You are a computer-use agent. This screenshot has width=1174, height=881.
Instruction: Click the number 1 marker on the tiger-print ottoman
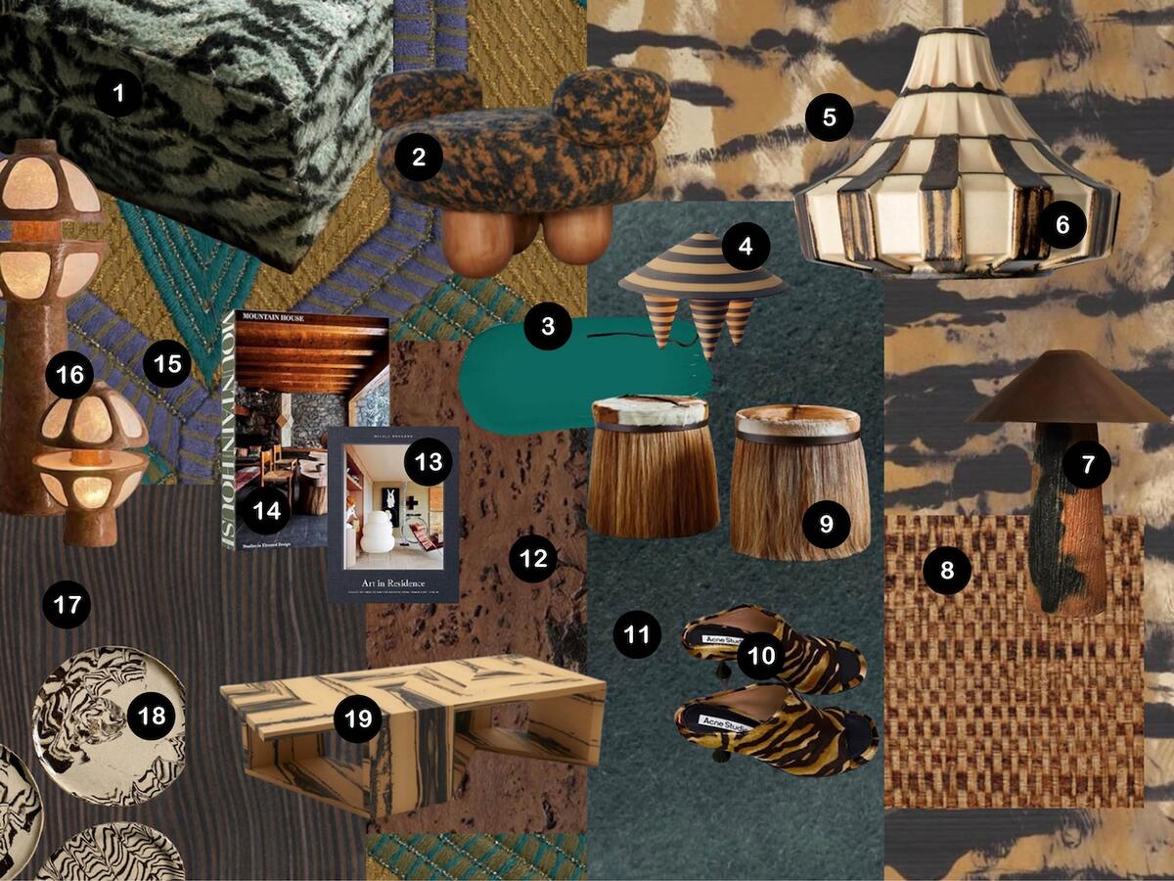pos(118,95)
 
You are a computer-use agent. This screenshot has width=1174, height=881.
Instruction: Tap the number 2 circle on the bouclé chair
pos(419,157)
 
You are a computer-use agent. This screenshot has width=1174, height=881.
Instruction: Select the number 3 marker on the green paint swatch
pos(547,327)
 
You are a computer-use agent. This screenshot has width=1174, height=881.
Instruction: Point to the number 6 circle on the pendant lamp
pos(1062,224)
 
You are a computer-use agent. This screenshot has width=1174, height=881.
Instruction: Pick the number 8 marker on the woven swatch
pos(946,570)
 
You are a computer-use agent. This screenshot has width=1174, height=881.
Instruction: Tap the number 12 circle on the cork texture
pos(533,559)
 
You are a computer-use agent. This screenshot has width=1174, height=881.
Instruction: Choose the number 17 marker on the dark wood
pos(67,605)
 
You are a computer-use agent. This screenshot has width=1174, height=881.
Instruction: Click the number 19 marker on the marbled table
pos(358,719)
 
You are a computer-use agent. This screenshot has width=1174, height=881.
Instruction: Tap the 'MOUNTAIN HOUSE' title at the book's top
pos(270,318)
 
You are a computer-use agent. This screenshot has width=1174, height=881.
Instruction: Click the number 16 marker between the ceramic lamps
pos(74,374)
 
